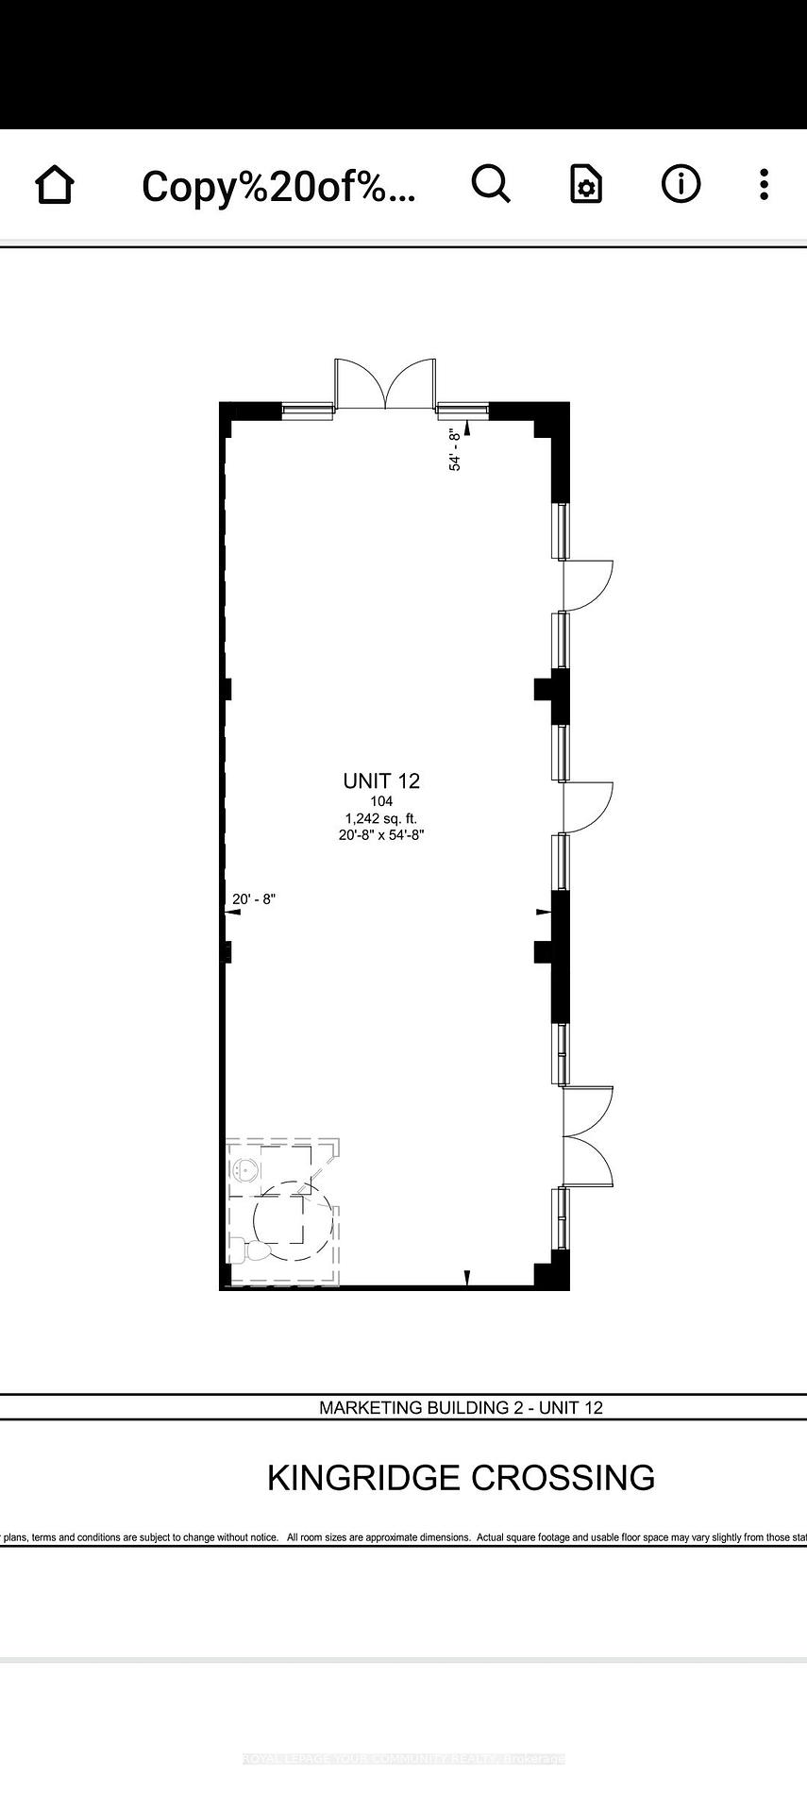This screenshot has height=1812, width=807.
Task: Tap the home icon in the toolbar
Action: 55,184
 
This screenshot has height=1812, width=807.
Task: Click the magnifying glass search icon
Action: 491,184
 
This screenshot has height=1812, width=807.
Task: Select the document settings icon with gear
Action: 585,185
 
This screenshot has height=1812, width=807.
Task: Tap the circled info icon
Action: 681,184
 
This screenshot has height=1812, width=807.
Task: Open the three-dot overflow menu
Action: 764,184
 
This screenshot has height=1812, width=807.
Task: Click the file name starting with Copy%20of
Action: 278,187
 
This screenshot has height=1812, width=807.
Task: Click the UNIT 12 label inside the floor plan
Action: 381,780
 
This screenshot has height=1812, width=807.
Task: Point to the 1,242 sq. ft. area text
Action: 381,818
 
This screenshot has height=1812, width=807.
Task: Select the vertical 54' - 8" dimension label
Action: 456,449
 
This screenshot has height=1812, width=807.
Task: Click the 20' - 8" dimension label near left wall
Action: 253,899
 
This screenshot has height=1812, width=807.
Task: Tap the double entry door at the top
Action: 385,384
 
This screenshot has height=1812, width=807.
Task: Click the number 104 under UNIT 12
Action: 381,801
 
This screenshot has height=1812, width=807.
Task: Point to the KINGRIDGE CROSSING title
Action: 461,1477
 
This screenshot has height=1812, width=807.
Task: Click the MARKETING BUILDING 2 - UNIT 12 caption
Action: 461,1407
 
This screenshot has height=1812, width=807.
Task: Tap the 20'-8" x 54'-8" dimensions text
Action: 381,835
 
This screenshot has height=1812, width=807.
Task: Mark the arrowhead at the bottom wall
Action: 466,1278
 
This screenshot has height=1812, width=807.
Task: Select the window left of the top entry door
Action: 308,409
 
